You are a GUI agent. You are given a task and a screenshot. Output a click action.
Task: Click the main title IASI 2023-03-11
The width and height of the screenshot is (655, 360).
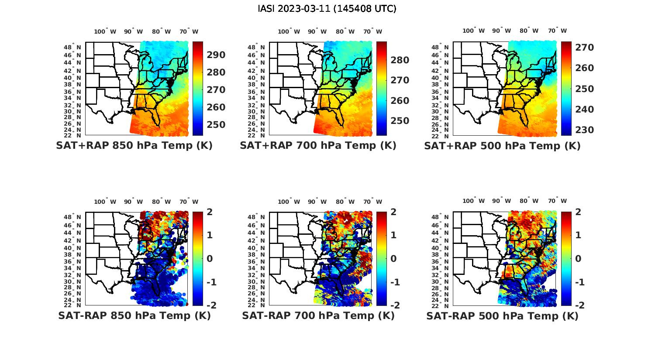click(x=327, y=9)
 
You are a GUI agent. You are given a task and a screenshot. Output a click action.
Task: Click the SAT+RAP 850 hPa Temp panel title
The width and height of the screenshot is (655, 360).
click(x=134, y=145)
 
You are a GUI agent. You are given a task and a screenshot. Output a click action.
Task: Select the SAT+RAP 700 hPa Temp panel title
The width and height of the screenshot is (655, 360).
click(x=318, y=145)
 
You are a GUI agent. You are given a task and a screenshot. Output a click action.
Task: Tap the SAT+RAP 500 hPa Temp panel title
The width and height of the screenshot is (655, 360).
click(x=502, y=145)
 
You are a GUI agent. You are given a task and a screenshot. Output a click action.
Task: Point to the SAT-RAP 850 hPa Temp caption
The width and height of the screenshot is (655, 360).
click(x=134, y=315)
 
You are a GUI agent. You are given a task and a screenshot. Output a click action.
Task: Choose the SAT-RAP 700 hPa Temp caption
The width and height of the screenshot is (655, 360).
click(x=318, y=315)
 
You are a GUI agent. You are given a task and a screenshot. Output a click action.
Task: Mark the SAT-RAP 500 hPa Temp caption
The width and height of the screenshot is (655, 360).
click(x=502, y=315)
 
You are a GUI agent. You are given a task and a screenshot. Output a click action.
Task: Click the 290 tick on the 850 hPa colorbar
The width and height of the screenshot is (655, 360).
click(x=216, y=55)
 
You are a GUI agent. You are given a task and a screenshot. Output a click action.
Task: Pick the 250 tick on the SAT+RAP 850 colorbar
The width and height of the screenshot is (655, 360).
click(x=216, y=125)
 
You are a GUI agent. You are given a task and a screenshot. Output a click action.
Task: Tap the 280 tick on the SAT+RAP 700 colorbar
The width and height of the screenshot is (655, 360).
click(x=400, y=60)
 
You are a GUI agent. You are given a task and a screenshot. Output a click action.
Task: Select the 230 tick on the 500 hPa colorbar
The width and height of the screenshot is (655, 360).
click(x=584, y=130)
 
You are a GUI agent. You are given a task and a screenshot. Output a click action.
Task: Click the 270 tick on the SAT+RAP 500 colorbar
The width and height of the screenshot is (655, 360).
click(x=584, y=47)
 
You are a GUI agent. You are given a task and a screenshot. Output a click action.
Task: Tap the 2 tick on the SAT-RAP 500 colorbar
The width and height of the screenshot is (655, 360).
click(x=577, y=212)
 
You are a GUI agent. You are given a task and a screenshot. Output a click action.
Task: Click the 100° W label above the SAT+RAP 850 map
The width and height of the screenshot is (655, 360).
click(x=105, y=31)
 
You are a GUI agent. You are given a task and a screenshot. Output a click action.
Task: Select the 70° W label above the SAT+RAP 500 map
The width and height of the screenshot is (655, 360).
click(x=557, y=31)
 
